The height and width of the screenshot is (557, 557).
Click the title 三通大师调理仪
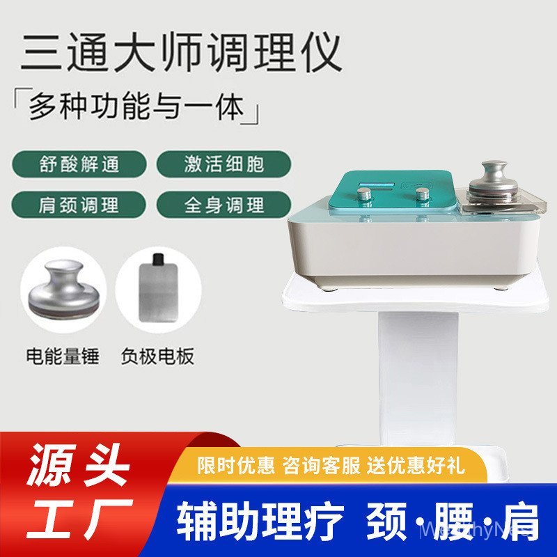click(181, 52)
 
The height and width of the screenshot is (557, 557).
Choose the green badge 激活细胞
click(224, 164)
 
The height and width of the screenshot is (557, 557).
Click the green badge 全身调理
click(224, 205)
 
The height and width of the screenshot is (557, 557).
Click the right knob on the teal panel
click(421, 194)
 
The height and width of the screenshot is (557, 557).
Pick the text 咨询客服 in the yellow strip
click(322, 465)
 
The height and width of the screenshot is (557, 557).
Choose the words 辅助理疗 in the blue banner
click(260, 521)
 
